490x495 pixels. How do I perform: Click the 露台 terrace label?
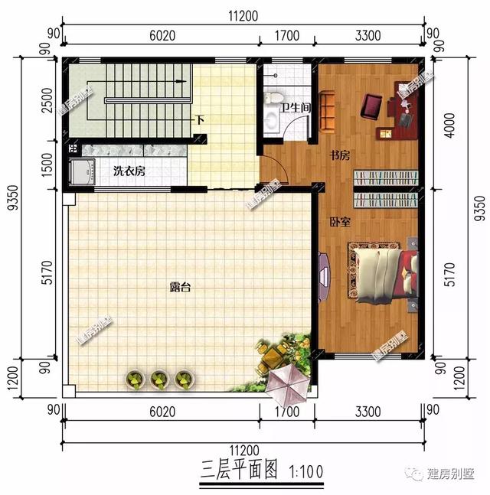pos(181,288)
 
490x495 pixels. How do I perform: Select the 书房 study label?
pos(340,155)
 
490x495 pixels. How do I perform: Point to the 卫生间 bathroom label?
pos(295,108)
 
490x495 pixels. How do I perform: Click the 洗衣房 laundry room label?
pos(129,171)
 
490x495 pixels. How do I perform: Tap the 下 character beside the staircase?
pos(199,120)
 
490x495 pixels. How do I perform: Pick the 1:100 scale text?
pos(305,467)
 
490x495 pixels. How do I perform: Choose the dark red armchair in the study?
pos(373,106)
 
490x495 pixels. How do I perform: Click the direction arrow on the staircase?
pos(181,80)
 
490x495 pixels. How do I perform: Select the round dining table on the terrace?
pos(270,357)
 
